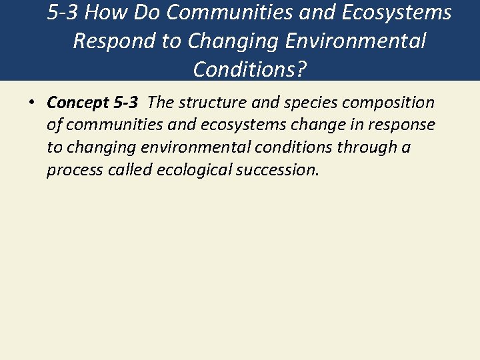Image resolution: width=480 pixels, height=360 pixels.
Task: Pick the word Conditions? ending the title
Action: point(250,69)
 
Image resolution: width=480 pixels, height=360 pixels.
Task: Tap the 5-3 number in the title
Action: point(64,13)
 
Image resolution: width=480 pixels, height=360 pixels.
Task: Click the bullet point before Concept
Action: point(31,103)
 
